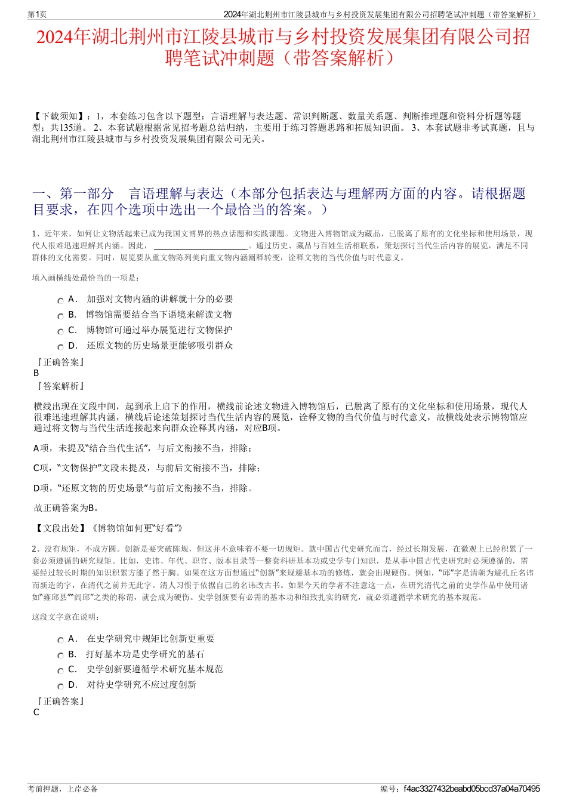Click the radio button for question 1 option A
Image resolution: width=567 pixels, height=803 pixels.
click(x=60, y=301)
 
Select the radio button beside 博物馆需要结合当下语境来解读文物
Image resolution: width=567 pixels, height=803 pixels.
click(x=60, y=316)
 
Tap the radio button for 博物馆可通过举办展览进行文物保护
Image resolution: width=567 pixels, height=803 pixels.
click(x=60, y=332)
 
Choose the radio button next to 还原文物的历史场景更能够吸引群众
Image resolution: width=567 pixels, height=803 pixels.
click(x=60, y=347)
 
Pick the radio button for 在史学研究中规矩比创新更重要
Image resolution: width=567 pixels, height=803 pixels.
click(x=60, y=641)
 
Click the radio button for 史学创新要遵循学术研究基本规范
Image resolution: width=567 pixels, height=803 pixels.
click(x=60, y=671)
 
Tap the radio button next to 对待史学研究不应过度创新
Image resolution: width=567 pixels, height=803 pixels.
click(x=60, y=687)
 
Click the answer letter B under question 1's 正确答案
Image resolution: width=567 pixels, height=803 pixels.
click(x=36, y=373)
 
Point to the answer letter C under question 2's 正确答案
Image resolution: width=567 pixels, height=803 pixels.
click(x=36, y=712)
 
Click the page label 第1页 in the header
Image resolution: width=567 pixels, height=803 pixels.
click(x=38, y=14)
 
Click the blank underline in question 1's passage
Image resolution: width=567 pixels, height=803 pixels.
click(x=201, y=246)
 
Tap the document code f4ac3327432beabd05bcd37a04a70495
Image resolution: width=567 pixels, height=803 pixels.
click(x=472, y=789)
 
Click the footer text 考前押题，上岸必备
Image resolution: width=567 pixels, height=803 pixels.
click(x=63, y=789)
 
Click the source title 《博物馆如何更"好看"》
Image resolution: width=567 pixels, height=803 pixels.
click(x=136, y=528)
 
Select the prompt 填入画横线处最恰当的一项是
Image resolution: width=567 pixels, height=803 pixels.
click(x=86, y=278)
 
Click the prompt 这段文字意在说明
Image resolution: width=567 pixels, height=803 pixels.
click(x=66, y=617)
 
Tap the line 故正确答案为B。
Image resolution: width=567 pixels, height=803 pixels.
click(x=67, y=508)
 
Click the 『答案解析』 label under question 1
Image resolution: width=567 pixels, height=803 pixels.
click(x=60, y=386)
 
